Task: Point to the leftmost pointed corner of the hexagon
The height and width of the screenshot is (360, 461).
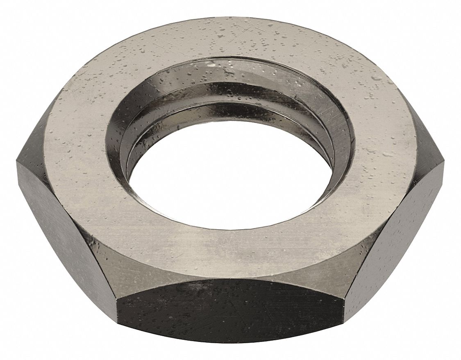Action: click(x=17, y=162)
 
